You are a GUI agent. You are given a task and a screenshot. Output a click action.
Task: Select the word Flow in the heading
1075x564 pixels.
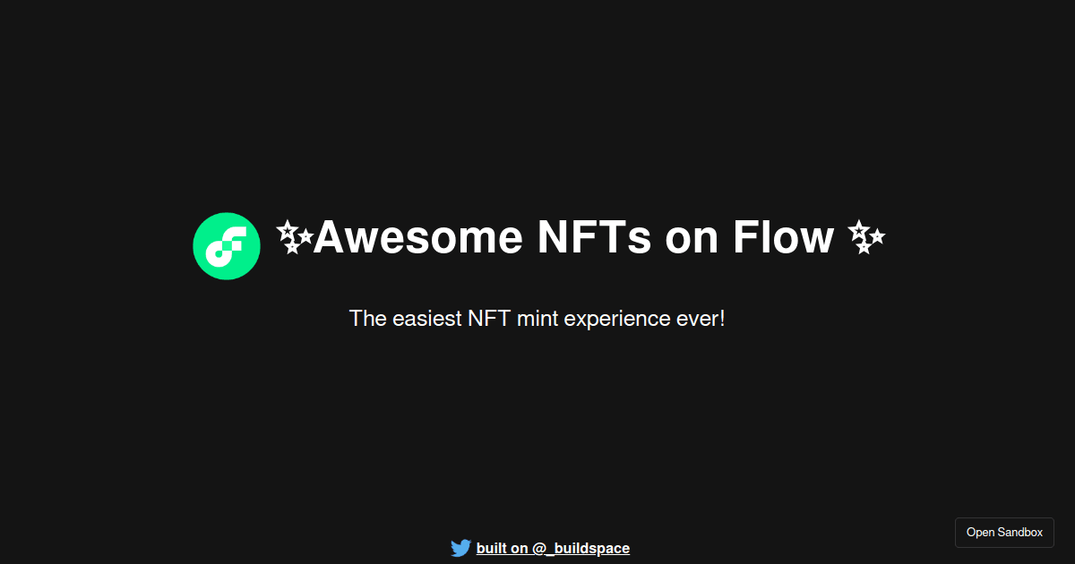pos(783,237)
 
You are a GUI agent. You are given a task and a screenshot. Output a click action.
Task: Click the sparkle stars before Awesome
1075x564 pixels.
pos(294,237)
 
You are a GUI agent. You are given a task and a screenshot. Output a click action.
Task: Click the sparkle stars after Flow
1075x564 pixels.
pos(866,237)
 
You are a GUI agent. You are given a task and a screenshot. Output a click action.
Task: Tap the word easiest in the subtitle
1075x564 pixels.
pos(426,319)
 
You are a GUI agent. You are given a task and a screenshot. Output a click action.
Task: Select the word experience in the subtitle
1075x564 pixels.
pos(618,320)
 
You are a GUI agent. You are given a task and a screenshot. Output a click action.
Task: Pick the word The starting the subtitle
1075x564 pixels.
pos(367,319)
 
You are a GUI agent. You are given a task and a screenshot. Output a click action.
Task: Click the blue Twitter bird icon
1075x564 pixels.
pos(460,548)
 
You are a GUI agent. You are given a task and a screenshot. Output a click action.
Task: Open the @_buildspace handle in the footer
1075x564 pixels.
pos(580,549)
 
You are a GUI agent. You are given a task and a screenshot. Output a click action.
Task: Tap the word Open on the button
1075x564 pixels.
pos(980,533)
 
